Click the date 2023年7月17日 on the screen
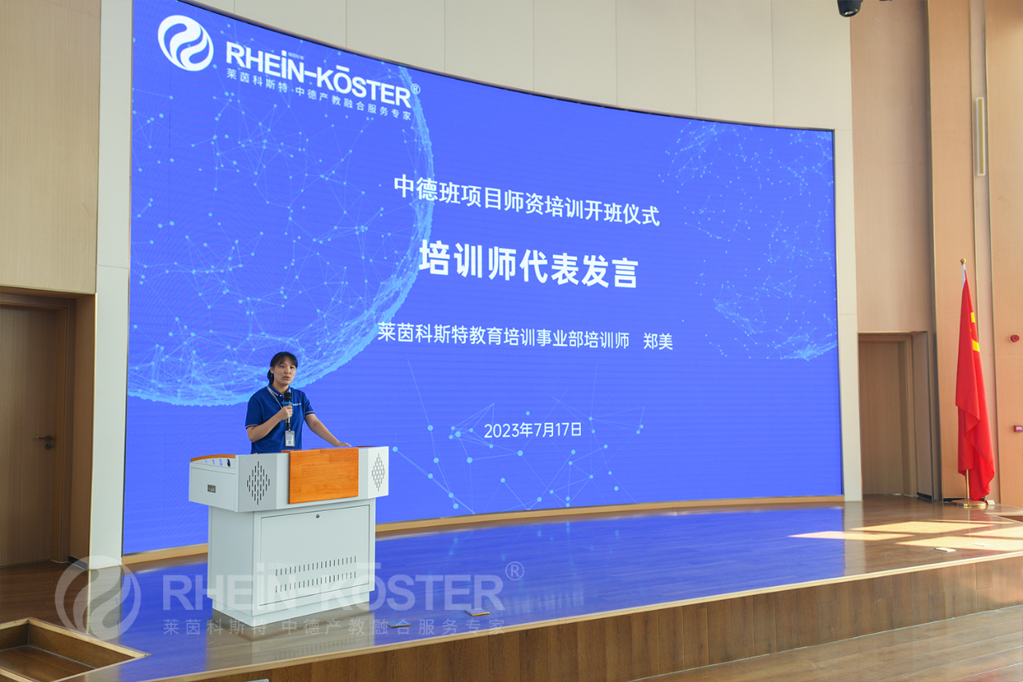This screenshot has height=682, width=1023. (x=533, y=430)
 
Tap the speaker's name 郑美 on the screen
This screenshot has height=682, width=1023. (x=658, y=342)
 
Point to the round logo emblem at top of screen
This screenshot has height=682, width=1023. (x=185, y=43)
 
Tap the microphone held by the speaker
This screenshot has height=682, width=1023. (x=288, y=408)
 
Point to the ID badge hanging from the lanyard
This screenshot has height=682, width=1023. (x=289, y=438)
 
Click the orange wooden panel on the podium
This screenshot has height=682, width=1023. (x=324, y=474)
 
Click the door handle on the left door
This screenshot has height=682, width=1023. (x=46, y=440)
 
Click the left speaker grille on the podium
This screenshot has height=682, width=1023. (x=258, y=482)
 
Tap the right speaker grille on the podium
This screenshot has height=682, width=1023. (x=378, y=473)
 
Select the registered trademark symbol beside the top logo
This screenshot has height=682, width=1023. (x=416, y=89)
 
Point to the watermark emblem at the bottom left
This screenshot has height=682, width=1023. (x=98, y=597)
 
